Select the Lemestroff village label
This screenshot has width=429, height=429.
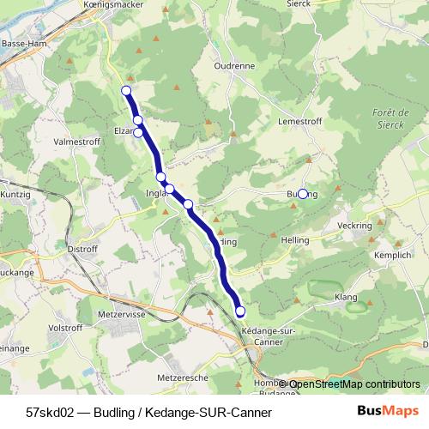[300, 123]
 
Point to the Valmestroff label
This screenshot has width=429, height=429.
[76, 141]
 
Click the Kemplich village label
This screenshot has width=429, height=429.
[392, 255]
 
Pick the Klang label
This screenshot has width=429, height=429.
[345, 297]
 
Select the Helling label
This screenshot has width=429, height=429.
[294, 241]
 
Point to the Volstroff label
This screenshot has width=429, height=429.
[64, 327]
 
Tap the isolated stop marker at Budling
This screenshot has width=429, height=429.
[303, 194]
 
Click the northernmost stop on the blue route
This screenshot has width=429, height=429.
[126, 90]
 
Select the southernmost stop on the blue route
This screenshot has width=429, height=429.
[240, 311]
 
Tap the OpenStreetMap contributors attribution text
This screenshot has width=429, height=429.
[354, 384]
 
